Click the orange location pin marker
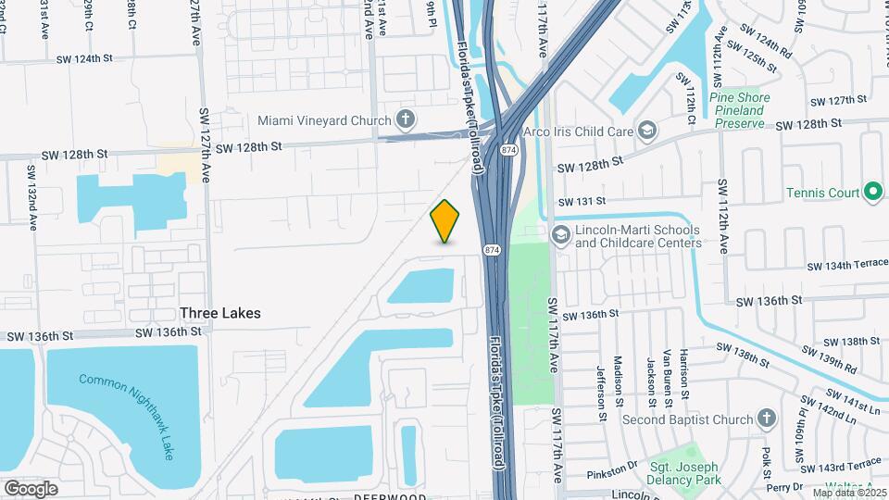point(445,221)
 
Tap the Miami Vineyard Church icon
point(404,119)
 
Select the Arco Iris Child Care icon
point(646,130)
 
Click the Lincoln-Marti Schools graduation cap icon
point(560,235)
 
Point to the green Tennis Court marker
point(872,193)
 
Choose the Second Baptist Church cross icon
point(765,419)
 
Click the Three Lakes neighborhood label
point(220,313)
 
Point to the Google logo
point(31,488)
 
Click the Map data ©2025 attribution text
point(849,493)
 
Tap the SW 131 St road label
point(581,200)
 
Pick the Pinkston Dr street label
point(613,474)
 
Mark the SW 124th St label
point(84,58)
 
